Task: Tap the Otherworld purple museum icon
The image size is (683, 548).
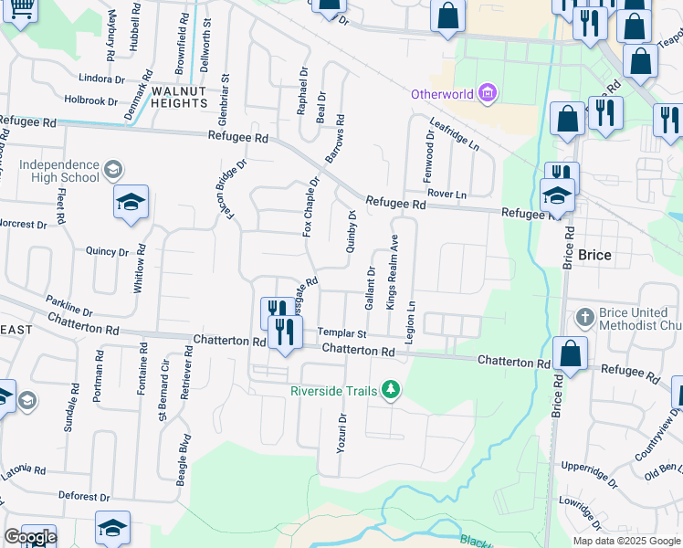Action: coord(489,93)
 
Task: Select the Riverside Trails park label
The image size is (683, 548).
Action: coord(334,391)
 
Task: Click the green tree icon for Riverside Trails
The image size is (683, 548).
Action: coord(392,390)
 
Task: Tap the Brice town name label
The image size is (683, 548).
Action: coord(594,256)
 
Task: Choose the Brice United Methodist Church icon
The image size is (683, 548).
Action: coord(584,318)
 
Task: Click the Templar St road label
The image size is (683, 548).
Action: coord(341,334)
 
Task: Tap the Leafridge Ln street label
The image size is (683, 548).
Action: coord(454,135)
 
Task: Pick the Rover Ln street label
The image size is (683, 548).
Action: coord(447,195)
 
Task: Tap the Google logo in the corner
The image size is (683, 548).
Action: coord(30,537)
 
